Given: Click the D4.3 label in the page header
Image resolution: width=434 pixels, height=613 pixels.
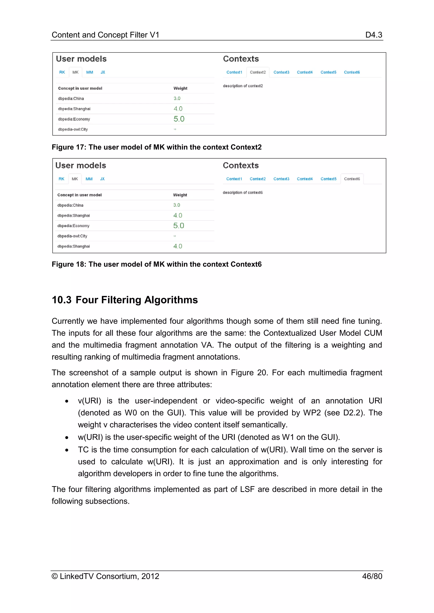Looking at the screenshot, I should [x=373, y=35].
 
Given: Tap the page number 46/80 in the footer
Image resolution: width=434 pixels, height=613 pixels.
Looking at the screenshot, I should [x=372, y=576].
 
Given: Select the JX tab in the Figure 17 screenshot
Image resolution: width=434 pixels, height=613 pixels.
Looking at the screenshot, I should [x=103, y=72].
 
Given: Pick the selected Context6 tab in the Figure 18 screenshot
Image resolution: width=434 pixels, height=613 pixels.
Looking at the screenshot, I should [x=352, y=179].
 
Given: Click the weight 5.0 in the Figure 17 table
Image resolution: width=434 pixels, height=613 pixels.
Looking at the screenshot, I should [x=179, y=119].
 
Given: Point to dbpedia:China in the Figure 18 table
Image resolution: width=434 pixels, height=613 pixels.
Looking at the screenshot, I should [x=70, y=205].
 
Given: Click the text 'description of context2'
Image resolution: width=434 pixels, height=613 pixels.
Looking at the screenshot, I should [x=243, y=86].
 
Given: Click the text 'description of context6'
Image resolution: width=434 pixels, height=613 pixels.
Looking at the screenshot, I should [x=242, y=192].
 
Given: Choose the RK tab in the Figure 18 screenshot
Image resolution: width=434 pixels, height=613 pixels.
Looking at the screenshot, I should [x=61, y=179].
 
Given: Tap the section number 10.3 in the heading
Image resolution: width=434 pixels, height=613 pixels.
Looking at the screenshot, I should [x=61, y=300].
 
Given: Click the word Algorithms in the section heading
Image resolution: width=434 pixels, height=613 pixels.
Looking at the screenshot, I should [x=171, y=300].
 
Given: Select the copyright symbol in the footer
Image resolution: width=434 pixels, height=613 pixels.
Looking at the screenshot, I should [x=55, y=576].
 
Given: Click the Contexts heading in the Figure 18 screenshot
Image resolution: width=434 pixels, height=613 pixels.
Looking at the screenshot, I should [x=241, y=166].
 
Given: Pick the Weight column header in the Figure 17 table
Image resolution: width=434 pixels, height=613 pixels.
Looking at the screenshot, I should [x=180, y=88].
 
